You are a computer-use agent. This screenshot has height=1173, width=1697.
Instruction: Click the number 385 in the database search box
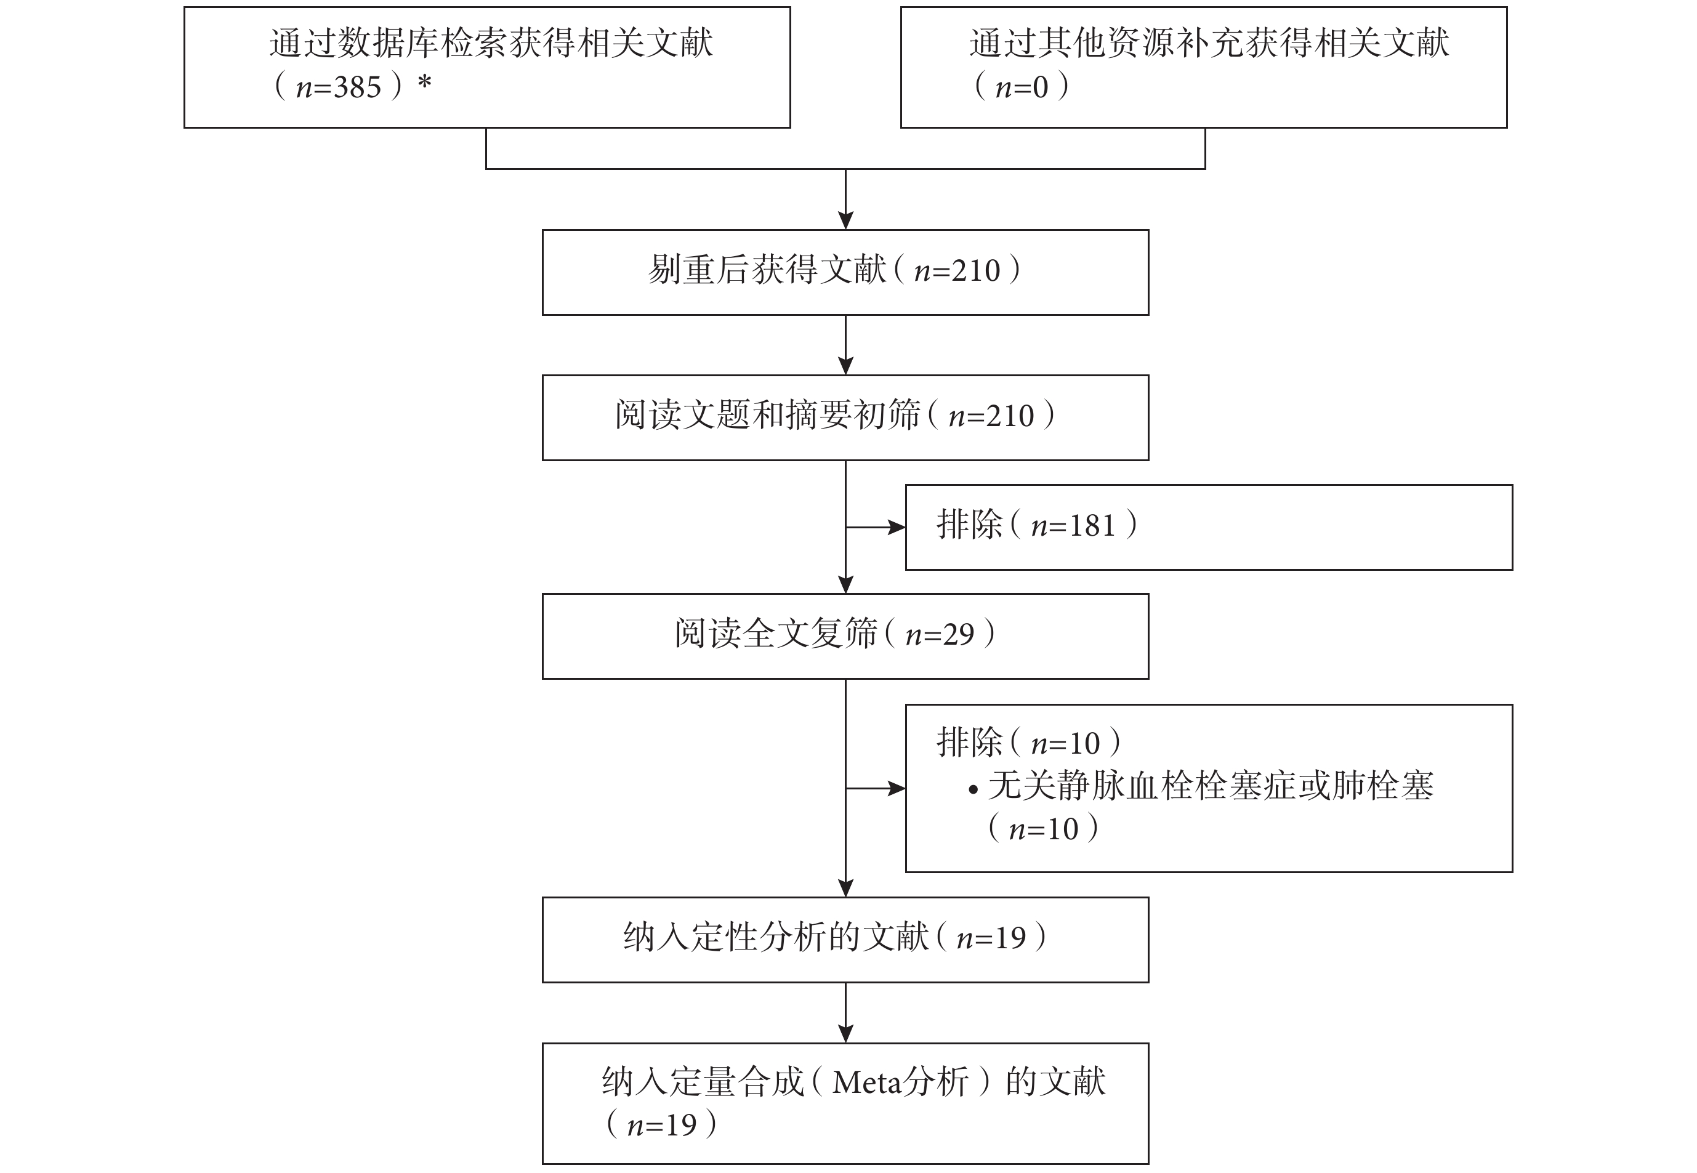point(358,87)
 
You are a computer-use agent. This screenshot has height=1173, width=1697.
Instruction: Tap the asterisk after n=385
point(424,83)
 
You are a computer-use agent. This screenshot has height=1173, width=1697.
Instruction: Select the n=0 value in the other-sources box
point(1022,87)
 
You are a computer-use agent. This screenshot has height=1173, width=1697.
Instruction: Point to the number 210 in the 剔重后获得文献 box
point(976,271)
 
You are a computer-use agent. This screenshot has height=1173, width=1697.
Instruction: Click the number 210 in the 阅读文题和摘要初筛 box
point(1010,417)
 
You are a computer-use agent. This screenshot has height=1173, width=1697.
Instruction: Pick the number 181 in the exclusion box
point(1092,525)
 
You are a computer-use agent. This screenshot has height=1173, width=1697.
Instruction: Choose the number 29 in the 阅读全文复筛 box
point(958,634)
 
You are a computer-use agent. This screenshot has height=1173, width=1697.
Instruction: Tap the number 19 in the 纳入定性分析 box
point(1010,938)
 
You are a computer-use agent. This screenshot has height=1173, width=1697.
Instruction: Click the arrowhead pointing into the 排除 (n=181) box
point(897,527)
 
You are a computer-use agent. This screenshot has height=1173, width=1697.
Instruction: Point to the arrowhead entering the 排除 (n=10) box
point(897,789)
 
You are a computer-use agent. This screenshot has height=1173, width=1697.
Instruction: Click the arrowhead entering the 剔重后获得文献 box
point(846,221)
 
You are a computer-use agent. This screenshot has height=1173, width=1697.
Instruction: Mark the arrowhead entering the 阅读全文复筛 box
point(846,585)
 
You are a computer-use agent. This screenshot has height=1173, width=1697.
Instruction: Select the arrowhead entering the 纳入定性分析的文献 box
point(846,889)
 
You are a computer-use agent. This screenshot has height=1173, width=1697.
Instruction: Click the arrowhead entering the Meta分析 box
point(846,1034)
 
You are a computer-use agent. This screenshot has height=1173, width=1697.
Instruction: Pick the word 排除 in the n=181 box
point(969,525)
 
